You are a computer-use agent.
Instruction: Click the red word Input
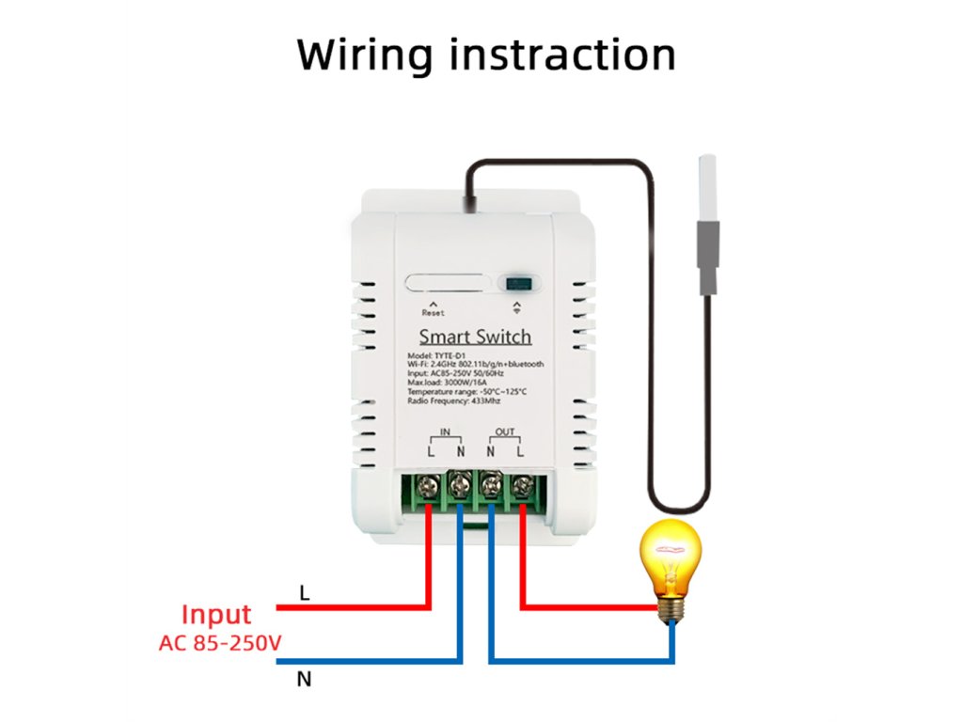[216, 615]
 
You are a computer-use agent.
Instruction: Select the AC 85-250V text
[220, 644]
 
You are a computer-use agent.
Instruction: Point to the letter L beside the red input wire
[303, 593]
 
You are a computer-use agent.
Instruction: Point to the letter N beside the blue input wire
[303, 678]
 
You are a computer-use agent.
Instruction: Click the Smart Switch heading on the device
[475, 337]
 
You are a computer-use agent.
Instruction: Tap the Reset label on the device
[433, 313]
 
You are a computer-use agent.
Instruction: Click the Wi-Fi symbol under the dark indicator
[515, 309]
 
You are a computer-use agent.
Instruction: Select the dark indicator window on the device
[515, 283]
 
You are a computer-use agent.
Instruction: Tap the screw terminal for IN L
[429, 486]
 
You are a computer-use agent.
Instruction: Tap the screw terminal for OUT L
[522, 486]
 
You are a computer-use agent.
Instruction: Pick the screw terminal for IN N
[460, 486]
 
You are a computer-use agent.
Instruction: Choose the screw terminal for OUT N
[491, 486]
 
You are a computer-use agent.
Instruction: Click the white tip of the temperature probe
[707, 188]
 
